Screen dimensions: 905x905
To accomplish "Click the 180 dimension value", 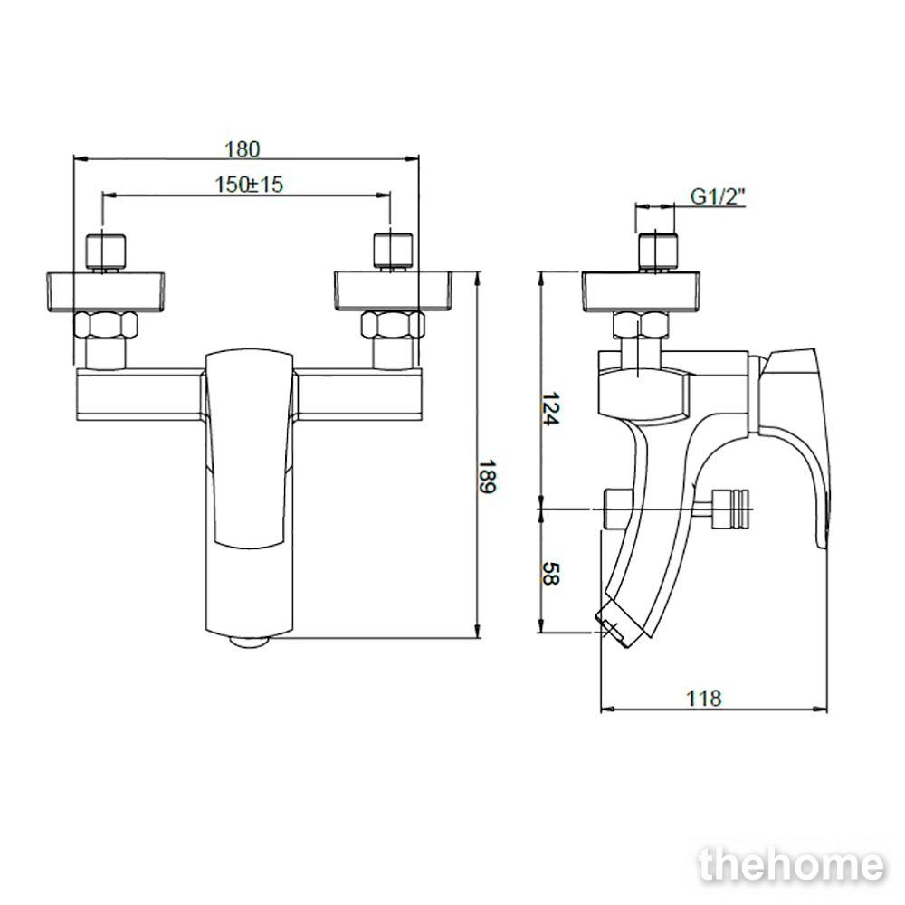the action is (x=242, y=149).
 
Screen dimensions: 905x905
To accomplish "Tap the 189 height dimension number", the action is (x=487, y=477).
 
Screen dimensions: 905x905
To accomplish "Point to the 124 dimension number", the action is (x=549, y=409).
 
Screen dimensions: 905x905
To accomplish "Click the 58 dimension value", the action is (x=549, y=573).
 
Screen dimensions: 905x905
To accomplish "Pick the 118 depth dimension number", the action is (x=703, y=698).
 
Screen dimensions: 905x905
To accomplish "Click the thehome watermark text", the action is (x=791, y=866).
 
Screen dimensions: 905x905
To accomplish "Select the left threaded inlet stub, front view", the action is (x=105, y=252).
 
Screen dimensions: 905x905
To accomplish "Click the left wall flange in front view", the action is (x=106, y=291).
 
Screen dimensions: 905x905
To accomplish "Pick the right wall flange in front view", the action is (x=394, y=291).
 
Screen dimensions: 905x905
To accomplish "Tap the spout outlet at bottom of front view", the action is (x=250, y=642).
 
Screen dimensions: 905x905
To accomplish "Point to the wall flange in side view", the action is (x=642, y=291).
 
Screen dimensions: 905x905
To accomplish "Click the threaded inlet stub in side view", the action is (x=657, y=252).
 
